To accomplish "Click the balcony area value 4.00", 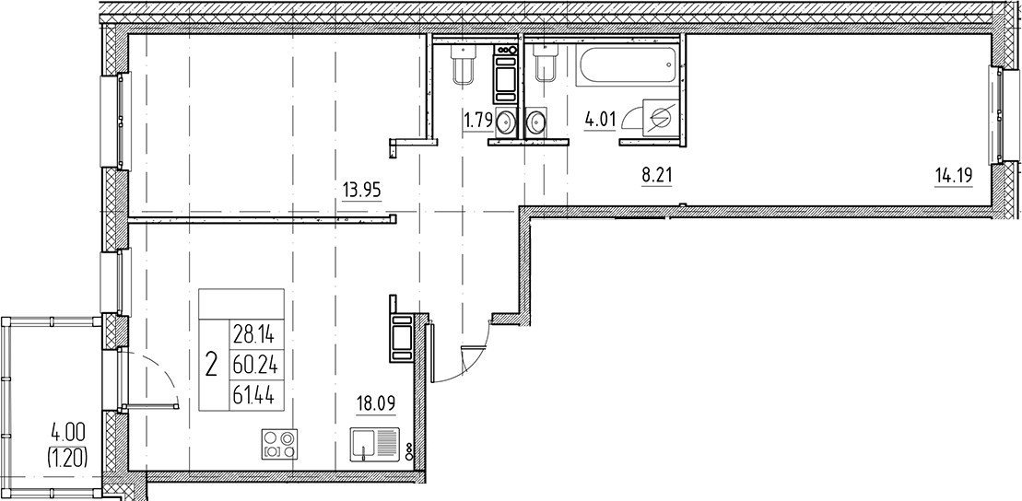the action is click(67, 433).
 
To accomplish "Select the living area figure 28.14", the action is click(254, 337).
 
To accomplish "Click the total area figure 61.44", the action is click(254, 394).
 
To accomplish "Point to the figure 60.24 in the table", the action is click(255, 367).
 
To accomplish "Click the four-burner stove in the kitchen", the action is click(279, 444).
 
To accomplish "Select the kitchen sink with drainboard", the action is click(374, 444).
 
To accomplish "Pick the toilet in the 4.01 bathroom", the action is click(544, 63).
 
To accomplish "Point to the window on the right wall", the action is click(999, 115).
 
